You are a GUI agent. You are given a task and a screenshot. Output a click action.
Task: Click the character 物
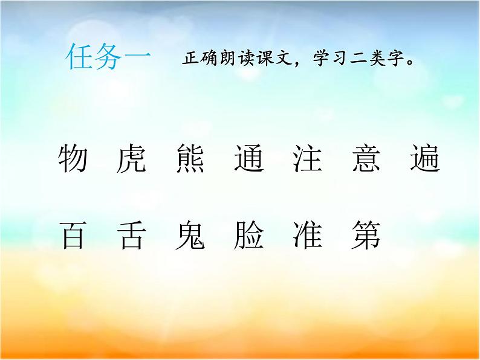(x=73, y=159)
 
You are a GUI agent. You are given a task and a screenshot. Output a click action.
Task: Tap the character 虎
(x=130, y=159)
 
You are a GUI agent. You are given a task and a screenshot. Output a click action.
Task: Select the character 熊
(x=189, y=159)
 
